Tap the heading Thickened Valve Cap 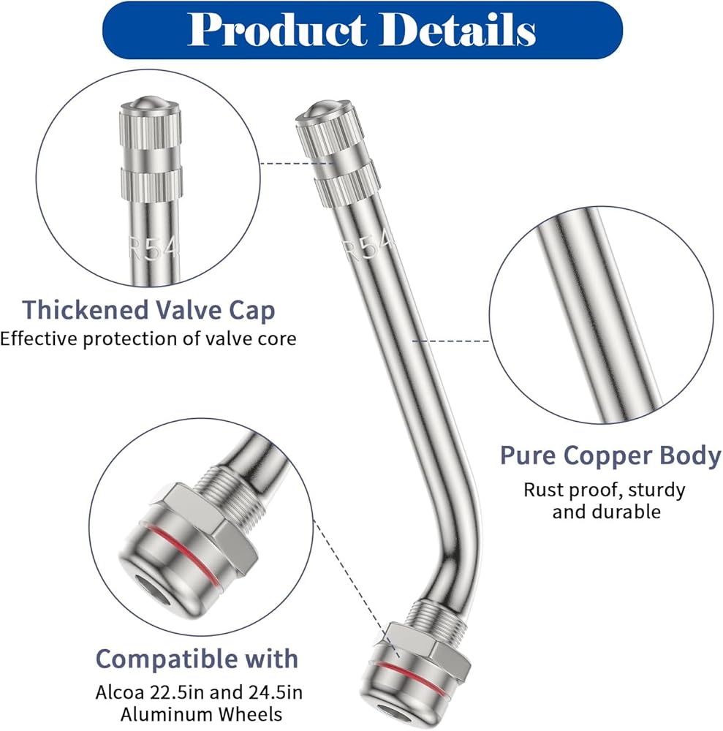[x=148, y=310]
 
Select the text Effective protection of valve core [x=148, y=339]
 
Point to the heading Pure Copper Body [x=610, y=455]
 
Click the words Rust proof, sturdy [x=605, y=489]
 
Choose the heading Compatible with [x=197, y=659]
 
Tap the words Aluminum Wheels [x=189, y=714]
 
